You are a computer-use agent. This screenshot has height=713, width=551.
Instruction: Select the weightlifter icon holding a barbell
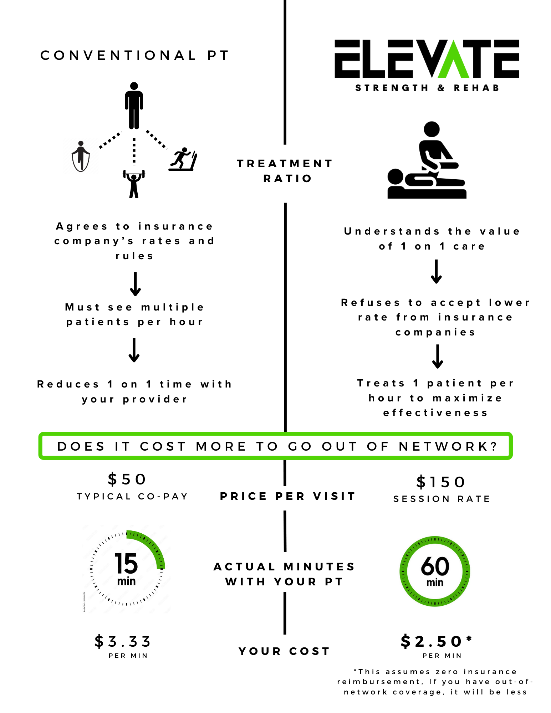click(134, 183)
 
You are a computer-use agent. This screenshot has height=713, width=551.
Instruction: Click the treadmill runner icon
click(183, 159)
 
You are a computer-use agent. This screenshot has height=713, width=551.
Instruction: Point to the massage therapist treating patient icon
click(427, 160)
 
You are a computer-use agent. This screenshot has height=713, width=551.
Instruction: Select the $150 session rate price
click(441, 482)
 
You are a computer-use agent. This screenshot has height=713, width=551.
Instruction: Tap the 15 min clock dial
click(127, 569)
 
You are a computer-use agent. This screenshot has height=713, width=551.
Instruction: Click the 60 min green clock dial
click(435, 571)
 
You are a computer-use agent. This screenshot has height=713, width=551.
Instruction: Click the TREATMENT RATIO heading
click(285, 171)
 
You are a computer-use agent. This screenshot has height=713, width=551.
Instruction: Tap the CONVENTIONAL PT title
click(135, 55)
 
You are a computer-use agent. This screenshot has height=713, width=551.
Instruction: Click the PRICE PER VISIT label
click(287, 496)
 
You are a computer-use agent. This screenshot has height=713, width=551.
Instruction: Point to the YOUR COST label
click(284, 651)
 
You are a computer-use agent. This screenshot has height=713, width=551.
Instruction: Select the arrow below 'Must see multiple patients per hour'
click(134, 350)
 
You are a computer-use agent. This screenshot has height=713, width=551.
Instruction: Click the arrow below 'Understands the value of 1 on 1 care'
click(436, 272)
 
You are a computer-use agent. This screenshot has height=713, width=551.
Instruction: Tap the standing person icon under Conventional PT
click(134, 106)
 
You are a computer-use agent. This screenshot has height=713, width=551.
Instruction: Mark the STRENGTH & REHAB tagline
click(427, 88)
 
